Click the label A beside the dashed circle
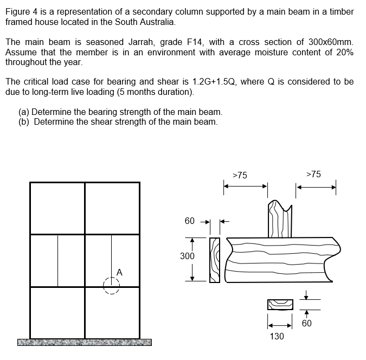click(x=119, y=272)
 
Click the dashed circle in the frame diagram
click(x=111, y=285)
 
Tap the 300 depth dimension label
click(x=187, y=255)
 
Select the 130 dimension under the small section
click(x=277, y=337)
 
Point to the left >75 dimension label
click(x=240, y=175)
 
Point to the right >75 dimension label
click(x=313, y=175)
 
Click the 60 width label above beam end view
click(x=189, y=221)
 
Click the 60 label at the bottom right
click(x=307, y=323)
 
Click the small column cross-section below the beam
click(x=280, y=305)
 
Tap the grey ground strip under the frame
click(x=84, y=342)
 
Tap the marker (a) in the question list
click(x=24, y=112)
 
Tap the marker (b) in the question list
click(x=24, y=121)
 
